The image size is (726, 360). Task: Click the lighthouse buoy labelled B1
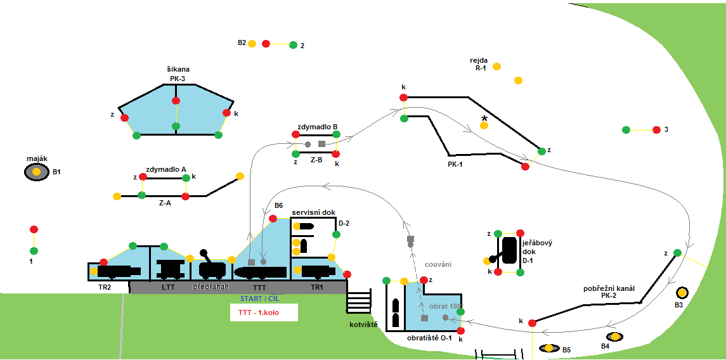[37, 172]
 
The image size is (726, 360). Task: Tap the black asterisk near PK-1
[484, 119]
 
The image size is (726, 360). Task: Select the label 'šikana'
[178, 69]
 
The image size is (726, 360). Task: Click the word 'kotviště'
[363, 325]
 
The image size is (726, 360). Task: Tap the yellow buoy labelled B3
[682, 293]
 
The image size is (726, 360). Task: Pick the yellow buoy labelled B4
[614, 337]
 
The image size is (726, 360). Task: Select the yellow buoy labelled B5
[548, 348]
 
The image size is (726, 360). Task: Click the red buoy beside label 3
[656, 130]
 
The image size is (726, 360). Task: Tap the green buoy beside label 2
[293, 45]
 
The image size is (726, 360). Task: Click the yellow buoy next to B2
[252, 44]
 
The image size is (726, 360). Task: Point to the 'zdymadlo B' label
[317, 126]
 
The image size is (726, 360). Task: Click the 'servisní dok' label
[313, 212]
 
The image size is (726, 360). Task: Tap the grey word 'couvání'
[437, 264]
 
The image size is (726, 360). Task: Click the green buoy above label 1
[34, 250]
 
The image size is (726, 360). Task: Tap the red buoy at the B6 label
[273, 219]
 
